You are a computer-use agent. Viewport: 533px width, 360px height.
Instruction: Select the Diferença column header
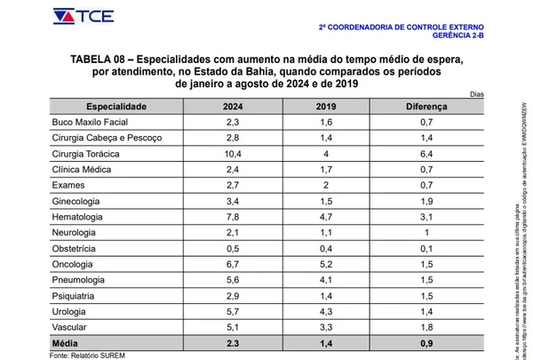(427, 107)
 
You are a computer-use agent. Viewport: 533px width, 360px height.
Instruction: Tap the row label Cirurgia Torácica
(87, 154)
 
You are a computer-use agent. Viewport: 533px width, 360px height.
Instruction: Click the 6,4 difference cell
(426, 154)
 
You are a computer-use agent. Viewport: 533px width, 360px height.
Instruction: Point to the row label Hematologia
(80, 217)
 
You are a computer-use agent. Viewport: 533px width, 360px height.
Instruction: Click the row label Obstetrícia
(78, 248)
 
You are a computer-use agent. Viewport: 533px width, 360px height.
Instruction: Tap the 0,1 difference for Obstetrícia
(426, 248)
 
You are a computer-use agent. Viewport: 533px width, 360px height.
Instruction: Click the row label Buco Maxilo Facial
(91, 123)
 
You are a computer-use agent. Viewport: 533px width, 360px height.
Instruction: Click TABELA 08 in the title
(99, 59)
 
